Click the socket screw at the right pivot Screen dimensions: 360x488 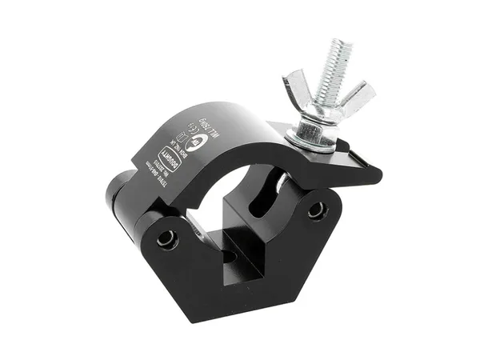click(317, 210)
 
